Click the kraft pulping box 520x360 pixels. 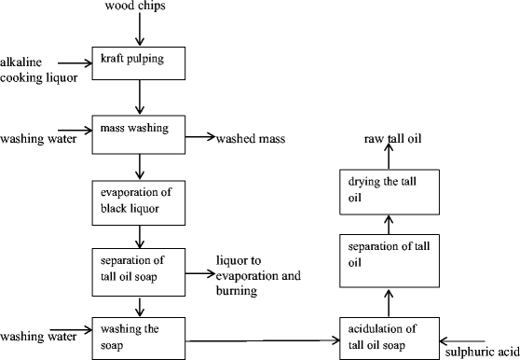tap(139, 62)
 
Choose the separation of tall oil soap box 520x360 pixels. tap(139, 271)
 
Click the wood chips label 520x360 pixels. tap(140, 8)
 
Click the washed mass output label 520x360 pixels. tap(251, 139)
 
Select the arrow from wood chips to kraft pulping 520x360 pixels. tap(140, 31)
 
